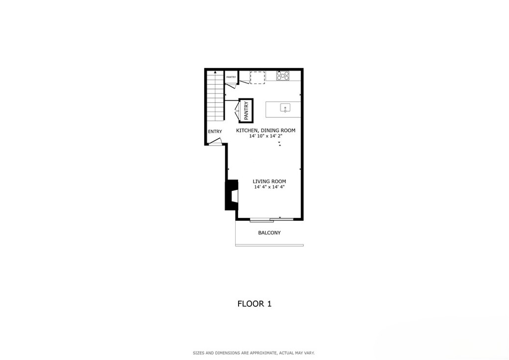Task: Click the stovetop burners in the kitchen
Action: coord(283,76)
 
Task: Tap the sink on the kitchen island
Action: coord(285,108)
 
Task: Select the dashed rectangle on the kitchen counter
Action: coord(257,78)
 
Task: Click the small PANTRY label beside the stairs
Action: coord(231,77)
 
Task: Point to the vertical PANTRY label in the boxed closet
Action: coord(246,111)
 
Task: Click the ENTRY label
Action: coord(215,131)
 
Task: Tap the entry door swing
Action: coord(215,141)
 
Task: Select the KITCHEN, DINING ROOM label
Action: coord(265,130)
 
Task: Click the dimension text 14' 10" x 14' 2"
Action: coord(266,136)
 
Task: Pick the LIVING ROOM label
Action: coord(269,181)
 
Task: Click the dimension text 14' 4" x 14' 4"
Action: coord(269,187)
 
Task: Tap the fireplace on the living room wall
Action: coord(232,195)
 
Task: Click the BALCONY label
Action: coord(269,233)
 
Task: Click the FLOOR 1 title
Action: coord(254,304)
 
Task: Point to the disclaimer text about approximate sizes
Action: coord(254,353)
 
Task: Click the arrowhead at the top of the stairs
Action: coord(215,72)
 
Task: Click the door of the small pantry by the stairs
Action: coord(231,85)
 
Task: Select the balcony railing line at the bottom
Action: coord(269,245)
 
